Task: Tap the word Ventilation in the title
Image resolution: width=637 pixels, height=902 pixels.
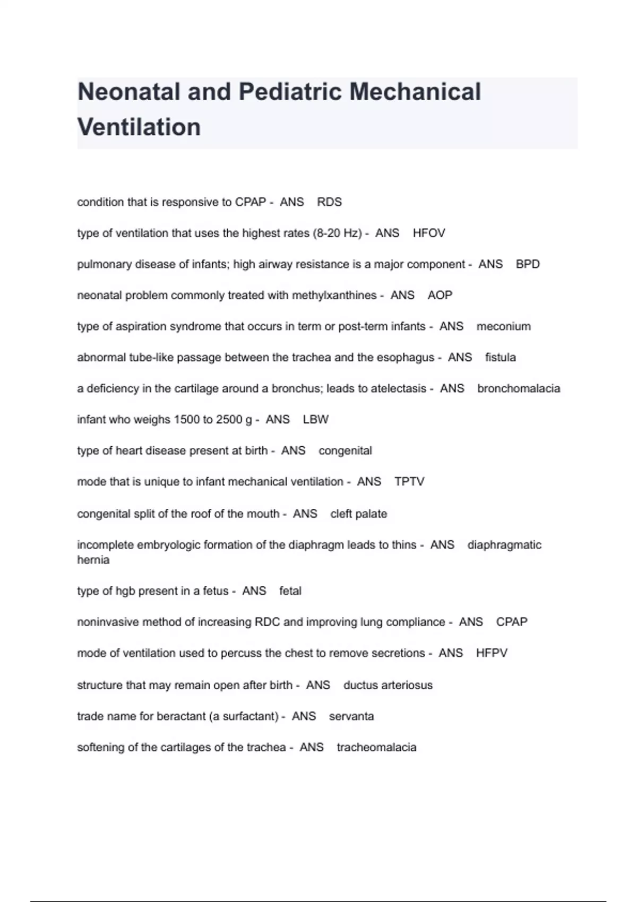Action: coord(139,127)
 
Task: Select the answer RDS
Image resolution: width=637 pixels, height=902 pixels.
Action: coord(329,202)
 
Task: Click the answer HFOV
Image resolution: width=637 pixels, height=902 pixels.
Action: coord(429,233)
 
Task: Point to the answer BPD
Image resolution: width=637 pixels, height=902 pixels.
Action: coord(528,264)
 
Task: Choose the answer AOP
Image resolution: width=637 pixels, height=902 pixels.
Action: coord(440,295)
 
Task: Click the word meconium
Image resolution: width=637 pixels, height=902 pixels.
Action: coord(503,326)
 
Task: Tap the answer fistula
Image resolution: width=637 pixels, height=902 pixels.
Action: coord(500,358)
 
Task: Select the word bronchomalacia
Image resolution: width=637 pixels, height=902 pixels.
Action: coord(519,388)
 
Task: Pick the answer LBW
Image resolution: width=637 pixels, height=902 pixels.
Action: coord(316,420)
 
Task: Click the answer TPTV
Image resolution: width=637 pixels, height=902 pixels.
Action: coord(409,482)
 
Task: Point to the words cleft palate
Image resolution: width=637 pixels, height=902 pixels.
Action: coord(358,514)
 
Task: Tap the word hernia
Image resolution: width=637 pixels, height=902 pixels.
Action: coord(93,560)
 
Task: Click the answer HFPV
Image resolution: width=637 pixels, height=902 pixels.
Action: coord(492,653)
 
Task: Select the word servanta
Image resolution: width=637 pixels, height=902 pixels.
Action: coord(351,716)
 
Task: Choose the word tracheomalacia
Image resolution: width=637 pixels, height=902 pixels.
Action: coord(376,748)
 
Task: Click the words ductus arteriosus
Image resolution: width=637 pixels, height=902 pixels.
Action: coord(388,685)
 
